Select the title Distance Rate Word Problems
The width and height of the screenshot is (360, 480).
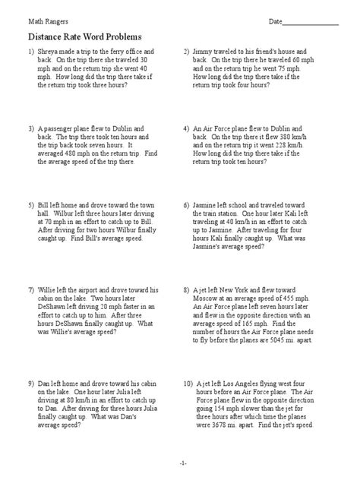pyautogui.click(x=85, y=36)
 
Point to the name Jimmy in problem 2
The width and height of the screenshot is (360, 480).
pyautogui.click(x=205, y=52)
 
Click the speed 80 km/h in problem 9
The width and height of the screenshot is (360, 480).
pyautogui.click(x=74, y=389)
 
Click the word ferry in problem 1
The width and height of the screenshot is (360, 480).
pyautogui.click(x=112, y=52)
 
